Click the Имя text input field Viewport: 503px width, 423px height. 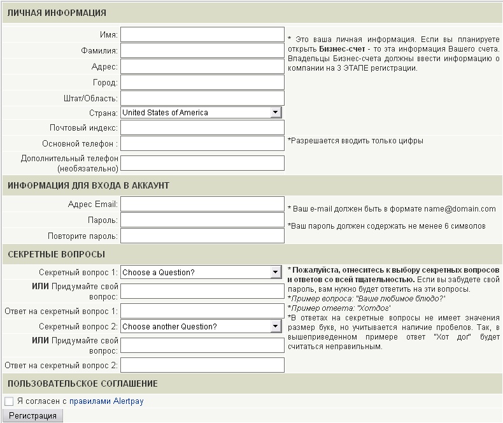(202, 34)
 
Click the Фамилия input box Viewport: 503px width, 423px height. (202, 50)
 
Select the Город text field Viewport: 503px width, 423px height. (202, 82)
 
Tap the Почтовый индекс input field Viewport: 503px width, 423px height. (202, 128)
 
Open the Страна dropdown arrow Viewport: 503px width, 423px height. (275, 113)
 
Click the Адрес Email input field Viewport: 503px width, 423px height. (202, 204)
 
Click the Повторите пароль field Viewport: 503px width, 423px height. (202, 236)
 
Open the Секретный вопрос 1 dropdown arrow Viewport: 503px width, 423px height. (275, 273)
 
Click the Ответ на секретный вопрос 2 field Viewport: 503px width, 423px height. (202, 365)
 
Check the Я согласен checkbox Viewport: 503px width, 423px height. (9, 401)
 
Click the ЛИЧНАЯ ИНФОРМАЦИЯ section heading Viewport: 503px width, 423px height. (57, 13)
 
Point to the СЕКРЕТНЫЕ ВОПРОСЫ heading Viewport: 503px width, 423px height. (57, 254)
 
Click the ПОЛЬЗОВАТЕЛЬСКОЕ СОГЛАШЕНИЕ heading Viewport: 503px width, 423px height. (83, 384)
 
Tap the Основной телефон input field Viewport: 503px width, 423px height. (202, 144)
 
